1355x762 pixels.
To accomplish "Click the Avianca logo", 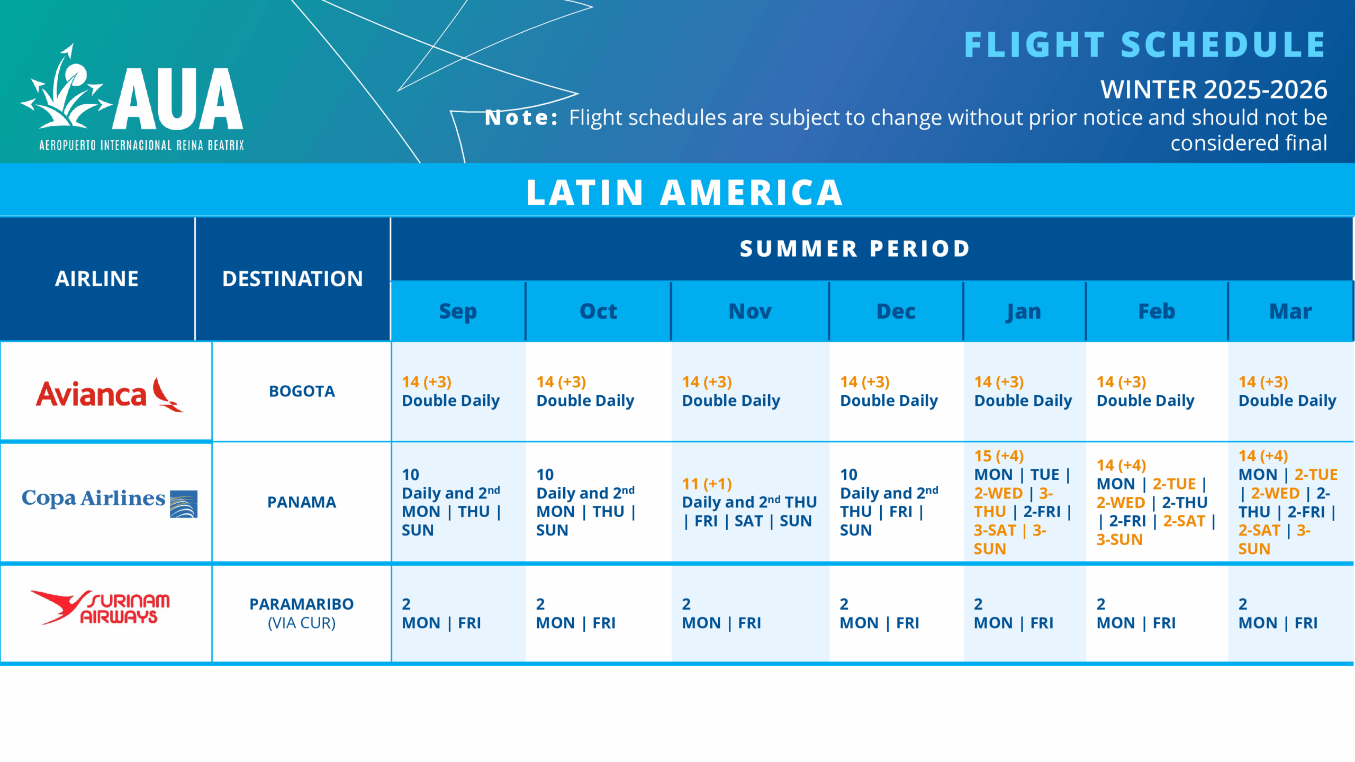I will pos(110,394).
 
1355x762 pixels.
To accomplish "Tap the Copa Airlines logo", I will pos(110,501).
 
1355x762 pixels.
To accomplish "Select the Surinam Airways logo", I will pos(101,607).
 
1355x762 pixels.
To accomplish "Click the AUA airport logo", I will pos(132,98).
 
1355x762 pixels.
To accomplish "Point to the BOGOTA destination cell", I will pos(302,391).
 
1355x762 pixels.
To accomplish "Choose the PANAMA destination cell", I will pos(302,502).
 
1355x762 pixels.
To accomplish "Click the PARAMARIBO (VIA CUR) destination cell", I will pos(302,613).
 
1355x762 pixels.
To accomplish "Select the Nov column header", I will pos(749,311).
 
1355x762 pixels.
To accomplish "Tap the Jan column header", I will pos(1024,311).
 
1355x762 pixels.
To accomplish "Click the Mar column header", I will pos(1290,311).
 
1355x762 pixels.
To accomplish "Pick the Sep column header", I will pos(458,311).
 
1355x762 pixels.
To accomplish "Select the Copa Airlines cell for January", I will pos(1024,502).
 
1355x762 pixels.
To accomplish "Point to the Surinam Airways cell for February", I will pos(1157,613).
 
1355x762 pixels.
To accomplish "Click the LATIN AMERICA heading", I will pos(684,192).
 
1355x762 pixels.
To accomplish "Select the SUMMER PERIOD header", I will pos(855,249).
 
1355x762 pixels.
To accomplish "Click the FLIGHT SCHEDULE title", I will pos(1145,44).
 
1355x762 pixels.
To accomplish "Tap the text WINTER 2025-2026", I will pos(1213,89).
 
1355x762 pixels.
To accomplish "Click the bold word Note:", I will pos(521,117).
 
